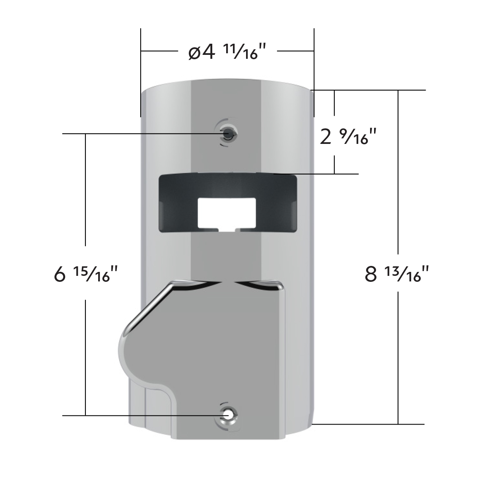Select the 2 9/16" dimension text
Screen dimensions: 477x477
(347, 138)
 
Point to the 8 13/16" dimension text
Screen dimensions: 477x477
(397, 274)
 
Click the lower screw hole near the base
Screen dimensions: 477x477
(228, 415)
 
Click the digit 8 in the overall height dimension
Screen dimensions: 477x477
(370, 275)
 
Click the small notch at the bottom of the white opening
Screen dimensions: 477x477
(227, 229)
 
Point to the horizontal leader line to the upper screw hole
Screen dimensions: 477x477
(139, 134)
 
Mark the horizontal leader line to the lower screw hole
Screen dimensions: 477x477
(139, 415)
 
